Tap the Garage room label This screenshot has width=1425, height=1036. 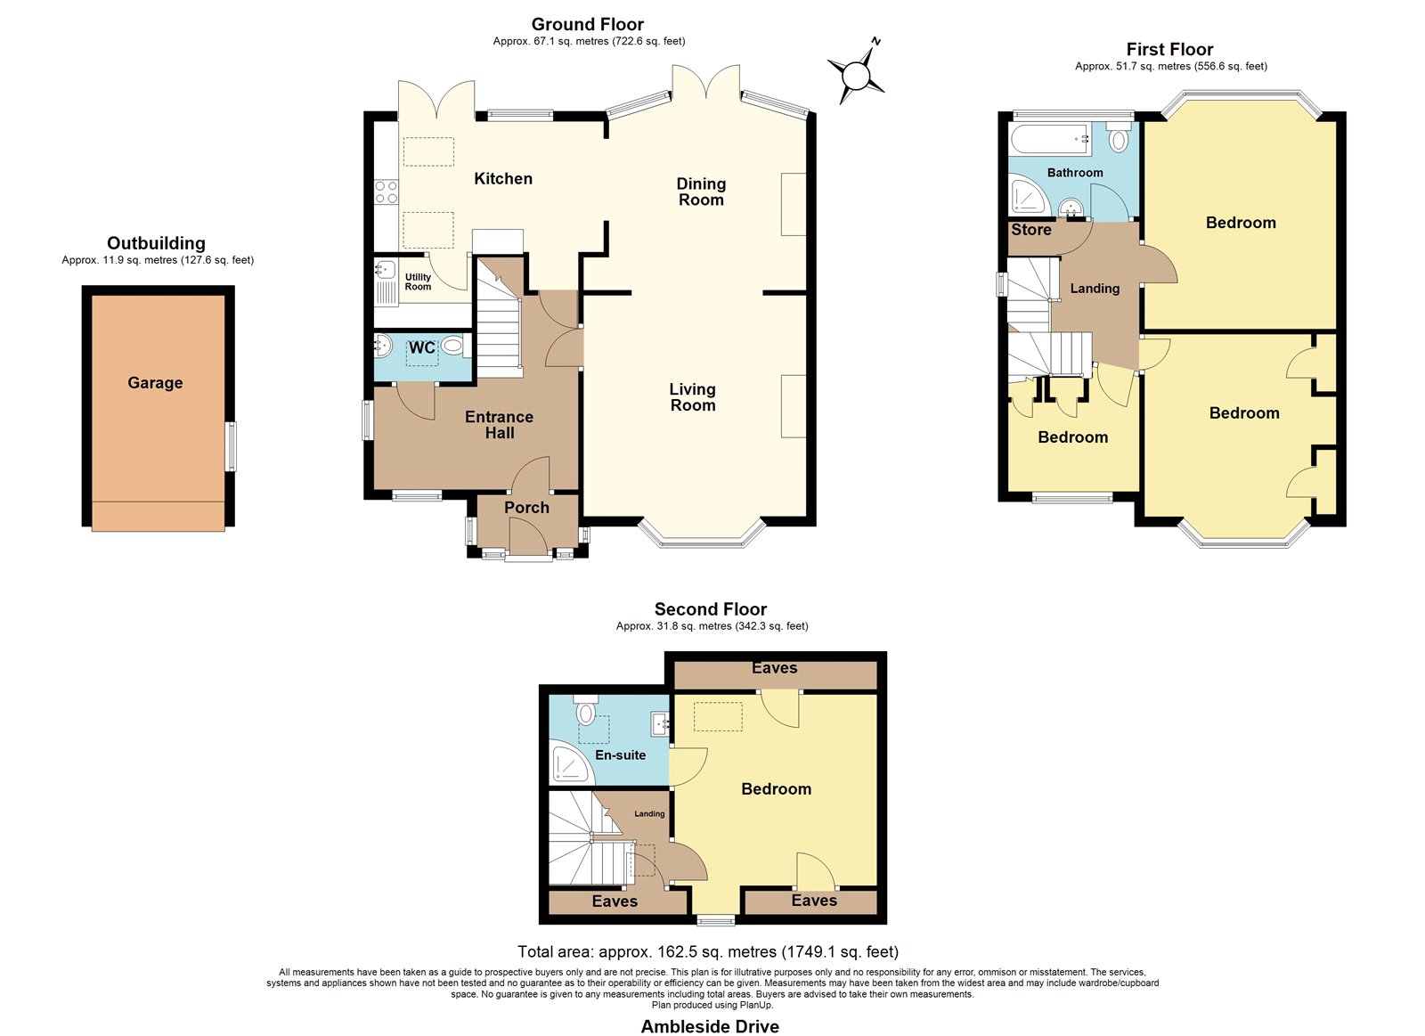(155, 382)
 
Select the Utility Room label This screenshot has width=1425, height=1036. (418, 281)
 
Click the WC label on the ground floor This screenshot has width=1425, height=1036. (422, 347)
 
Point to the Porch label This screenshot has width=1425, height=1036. (526, 507)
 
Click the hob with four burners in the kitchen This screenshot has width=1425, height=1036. (387, 192)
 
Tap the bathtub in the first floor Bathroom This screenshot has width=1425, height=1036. (1050, 138)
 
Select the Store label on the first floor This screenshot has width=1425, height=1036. (1031, 230)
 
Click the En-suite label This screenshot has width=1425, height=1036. (620, 755)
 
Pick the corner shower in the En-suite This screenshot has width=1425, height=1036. (573, 764)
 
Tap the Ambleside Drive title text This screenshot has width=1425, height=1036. (710, 1026)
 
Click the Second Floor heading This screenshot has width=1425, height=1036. (711, 609)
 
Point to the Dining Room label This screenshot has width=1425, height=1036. (701, 192)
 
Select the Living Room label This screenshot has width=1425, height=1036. (693, 397)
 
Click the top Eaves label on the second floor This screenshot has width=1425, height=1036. (774, 667)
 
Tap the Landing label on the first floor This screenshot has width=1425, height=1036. (1095, 289)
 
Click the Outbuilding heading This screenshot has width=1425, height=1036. (156, 243)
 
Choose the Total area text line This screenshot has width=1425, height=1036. (708, 951)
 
